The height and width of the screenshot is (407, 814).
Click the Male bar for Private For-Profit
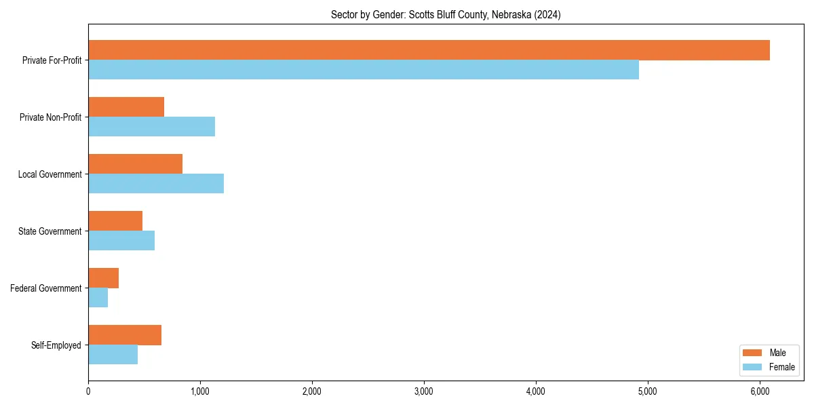(x=429, y=50)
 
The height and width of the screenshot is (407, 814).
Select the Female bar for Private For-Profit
(x=364, y=70)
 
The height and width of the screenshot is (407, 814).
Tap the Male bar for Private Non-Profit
(x=126, y=107)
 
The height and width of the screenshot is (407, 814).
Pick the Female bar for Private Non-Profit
(x=151, y=127)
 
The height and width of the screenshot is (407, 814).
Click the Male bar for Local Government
(x=135, y=164)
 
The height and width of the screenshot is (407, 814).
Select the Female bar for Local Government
(x=156, y=184)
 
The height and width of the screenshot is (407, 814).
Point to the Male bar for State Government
(x=115, y=221)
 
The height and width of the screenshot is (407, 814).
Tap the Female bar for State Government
(x=121, y=241)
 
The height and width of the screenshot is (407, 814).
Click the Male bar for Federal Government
(x=103, y=278)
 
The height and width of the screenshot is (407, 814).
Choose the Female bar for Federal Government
(x=98, y=298)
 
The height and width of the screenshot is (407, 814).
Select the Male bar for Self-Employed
(x=125, y=335)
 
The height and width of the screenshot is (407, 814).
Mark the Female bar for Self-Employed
(x=113, y=355)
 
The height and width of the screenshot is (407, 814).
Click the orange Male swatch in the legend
(x=753, y=353)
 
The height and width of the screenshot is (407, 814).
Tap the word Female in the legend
(x=781, y=367)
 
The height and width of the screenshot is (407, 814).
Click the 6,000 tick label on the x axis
(x=760, y=391)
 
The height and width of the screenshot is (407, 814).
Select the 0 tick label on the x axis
(x=88, y=391)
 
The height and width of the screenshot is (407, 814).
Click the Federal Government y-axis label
(x=46, y=288)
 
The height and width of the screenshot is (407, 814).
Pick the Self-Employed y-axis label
(x=56, y=345)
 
